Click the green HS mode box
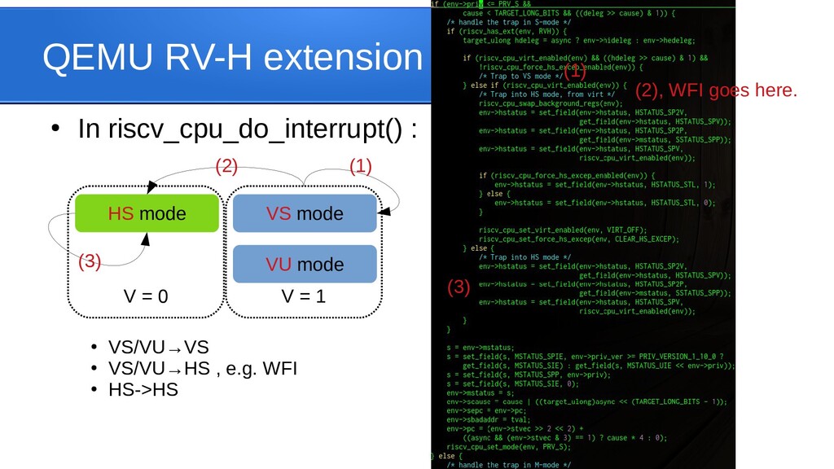coord(147,213)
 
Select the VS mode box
coord(305,213)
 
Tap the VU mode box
coord(305,264)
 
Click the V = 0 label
coord(146,296)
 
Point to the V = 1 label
coord(304,296)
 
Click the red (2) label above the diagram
coord(226,167)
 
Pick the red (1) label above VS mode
coord(360,167)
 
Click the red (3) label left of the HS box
coord(90,261)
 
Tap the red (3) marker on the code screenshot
coord(459,287)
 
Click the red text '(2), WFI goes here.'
coord(716,90)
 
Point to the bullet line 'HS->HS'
coord(143,389)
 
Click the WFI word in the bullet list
coord(279,369)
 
